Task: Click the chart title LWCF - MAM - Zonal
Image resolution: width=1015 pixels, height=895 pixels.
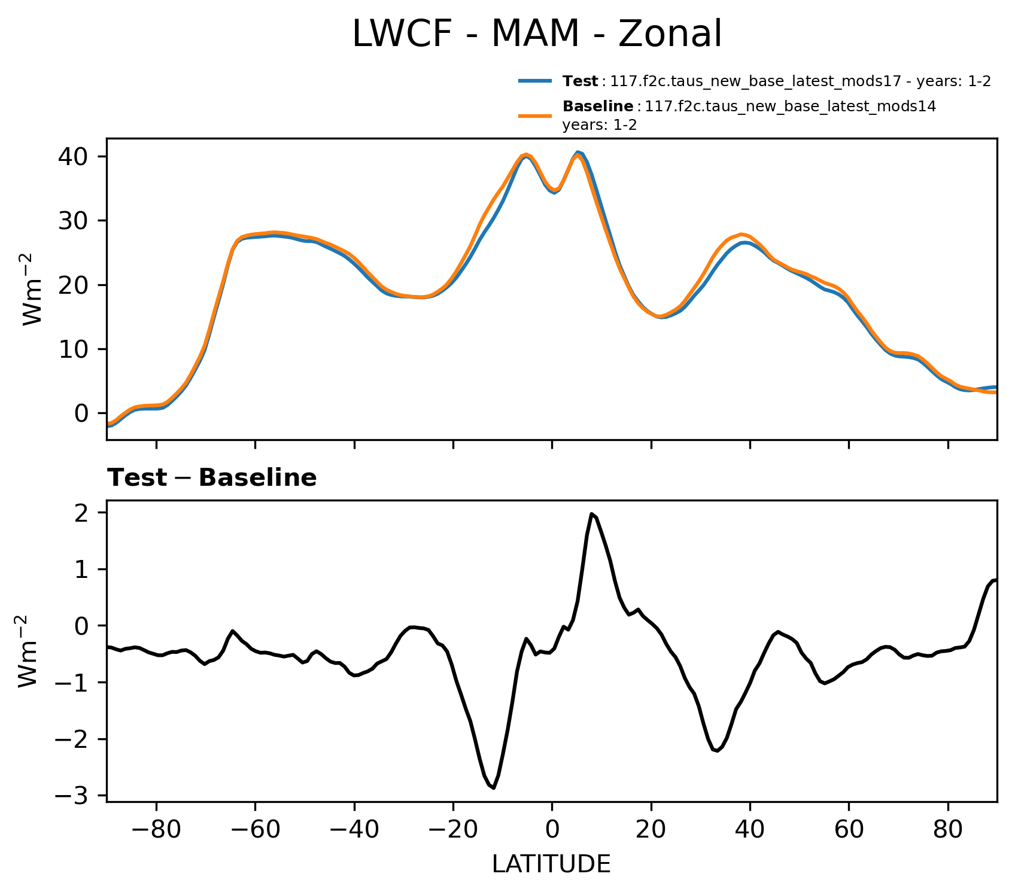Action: pos(537,34)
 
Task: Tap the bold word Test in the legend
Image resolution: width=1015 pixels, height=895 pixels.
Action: pos(580,82)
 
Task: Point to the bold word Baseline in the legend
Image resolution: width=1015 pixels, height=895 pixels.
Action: pos(598,107)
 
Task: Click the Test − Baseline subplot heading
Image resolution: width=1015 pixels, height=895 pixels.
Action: pos(212,478)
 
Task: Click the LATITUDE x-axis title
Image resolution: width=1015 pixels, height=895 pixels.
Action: pos(551,864)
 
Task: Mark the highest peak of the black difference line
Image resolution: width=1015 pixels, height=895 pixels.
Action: pos(591,514)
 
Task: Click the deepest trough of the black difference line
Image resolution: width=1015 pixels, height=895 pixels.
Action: pos(494,788)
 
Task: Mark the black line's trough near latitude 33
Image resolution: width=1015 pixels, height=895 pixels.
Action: pos(717,751)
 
